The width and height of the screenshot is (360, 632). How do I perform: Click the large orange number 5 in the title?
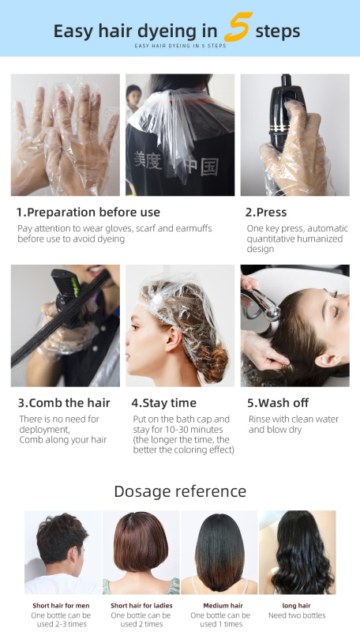[x=236, y=28]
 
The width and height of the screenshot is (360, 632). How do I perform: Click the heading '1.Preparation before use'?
[x=88, y=212]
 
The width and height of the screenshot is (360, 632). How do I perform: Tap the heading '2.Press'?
[x=266, y=212]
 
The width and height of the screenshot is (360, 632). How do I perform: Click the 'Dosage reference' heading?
[x=180, y=491]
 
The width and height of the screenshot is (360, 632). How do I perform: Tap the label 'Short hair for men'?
[x=61, y=605]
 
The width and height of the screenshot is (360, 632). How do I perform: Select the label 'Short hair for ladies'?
[x=141, y=605]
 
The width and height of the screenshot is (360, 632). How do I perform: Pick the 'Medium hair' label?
[x=220, y=605]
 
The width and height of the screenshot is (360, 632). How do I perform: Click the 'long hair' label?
[x=297, y=605]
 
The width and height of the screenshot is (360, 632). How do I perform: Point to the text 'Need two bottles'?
[x=297, y=615]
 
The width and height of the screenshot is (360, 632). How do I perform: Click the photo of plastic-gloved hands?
[x=65, y=134]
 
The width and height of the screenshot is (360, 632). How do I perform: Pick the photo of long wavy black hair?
[x=297, y=551]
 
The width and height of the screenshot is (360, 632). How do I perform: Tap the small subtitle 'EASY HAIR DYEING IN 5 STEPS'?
[x=180, y=47]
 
